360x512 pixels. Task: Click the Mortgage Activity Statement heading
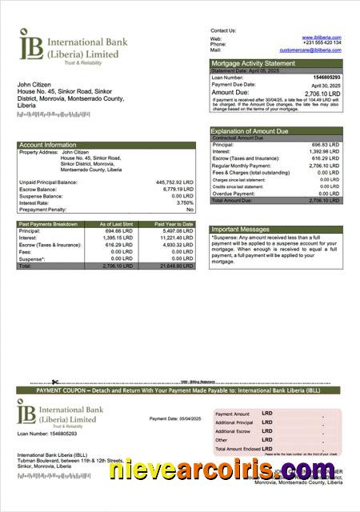pyautogui.click(x=253, y=63)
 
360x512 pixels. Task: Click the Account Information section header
pyautogui.click(x=48, y=145)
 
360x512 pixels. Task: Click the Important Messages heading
pyautogui.click(x=241, y=229)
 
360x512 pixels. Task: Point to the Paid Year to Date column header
pyautogui.click(x=174, y=224)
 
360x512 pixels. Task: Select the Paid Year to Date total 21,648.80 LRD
pyautogui.click(x=174, y=266)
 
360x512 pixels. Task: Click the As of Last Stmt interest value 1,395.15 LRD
pyautogui.click(x=117, y=238)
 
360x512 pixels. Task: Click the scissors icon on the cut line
pyautogui.click(x=54, y=381)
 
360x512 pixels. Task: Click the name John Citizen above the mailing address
pyautogui.click(x=34, y=84)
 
